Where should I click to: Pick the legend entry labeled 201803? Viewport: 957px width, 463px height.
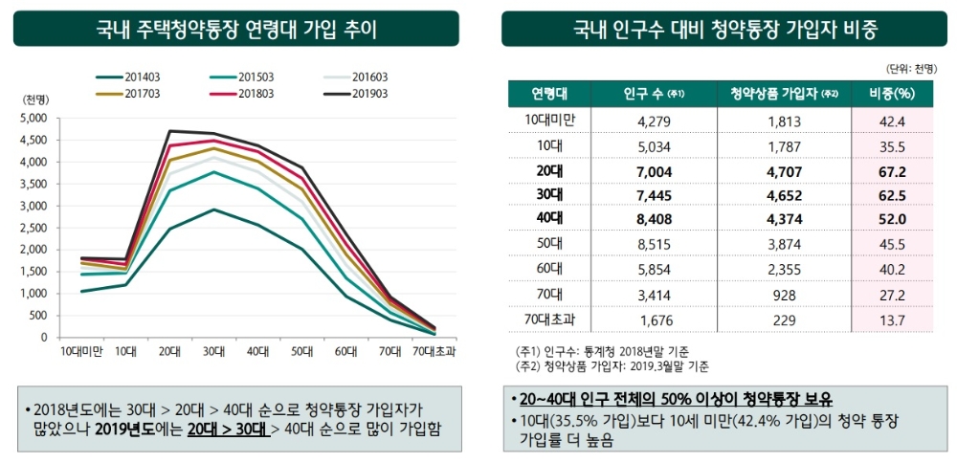[252, 93]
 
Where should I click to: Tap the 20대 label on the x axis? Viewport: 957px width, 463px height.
[170, 351]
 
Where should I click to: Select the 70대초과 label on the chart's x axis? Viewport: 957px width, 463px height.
[436, 351]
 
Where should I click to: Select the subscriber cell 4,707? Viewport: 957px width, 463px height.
[784, 170]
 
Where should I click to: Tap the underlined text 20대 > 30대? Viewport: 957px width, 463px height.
[227, 429]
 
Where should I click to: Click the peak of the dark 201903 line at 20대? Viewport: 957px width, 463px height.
[170, 131]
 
